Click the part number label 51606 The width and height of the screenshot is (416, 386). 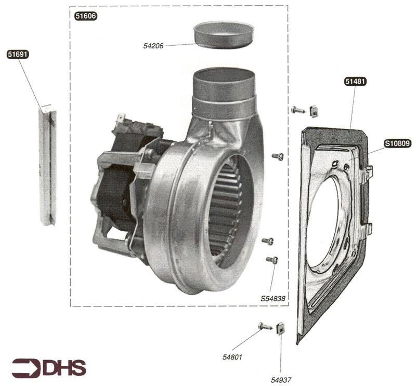click(x=86, y=16)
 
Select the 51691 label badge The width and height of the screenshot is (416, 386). click(x=18, y=55)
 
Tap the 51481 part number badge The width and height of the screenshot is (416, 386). click(x=356, y=82)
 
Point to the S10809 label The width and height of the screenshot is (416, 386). click(x=397, y=143)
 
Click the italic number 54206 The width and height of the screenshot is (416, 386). click(x=153, y=46)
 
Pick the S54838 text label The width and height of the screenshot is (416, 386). click(x=273, y=299)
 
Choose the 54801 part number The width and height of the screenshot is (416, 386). click(x=232, y=357)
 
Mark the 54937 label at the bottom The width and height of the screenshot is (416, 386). click(x=281, y=380)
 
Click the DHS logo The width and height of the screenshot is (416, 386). click(x=49, y=367)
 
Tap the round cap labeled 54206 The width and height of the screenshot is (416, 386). click(x=223, y=35)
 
